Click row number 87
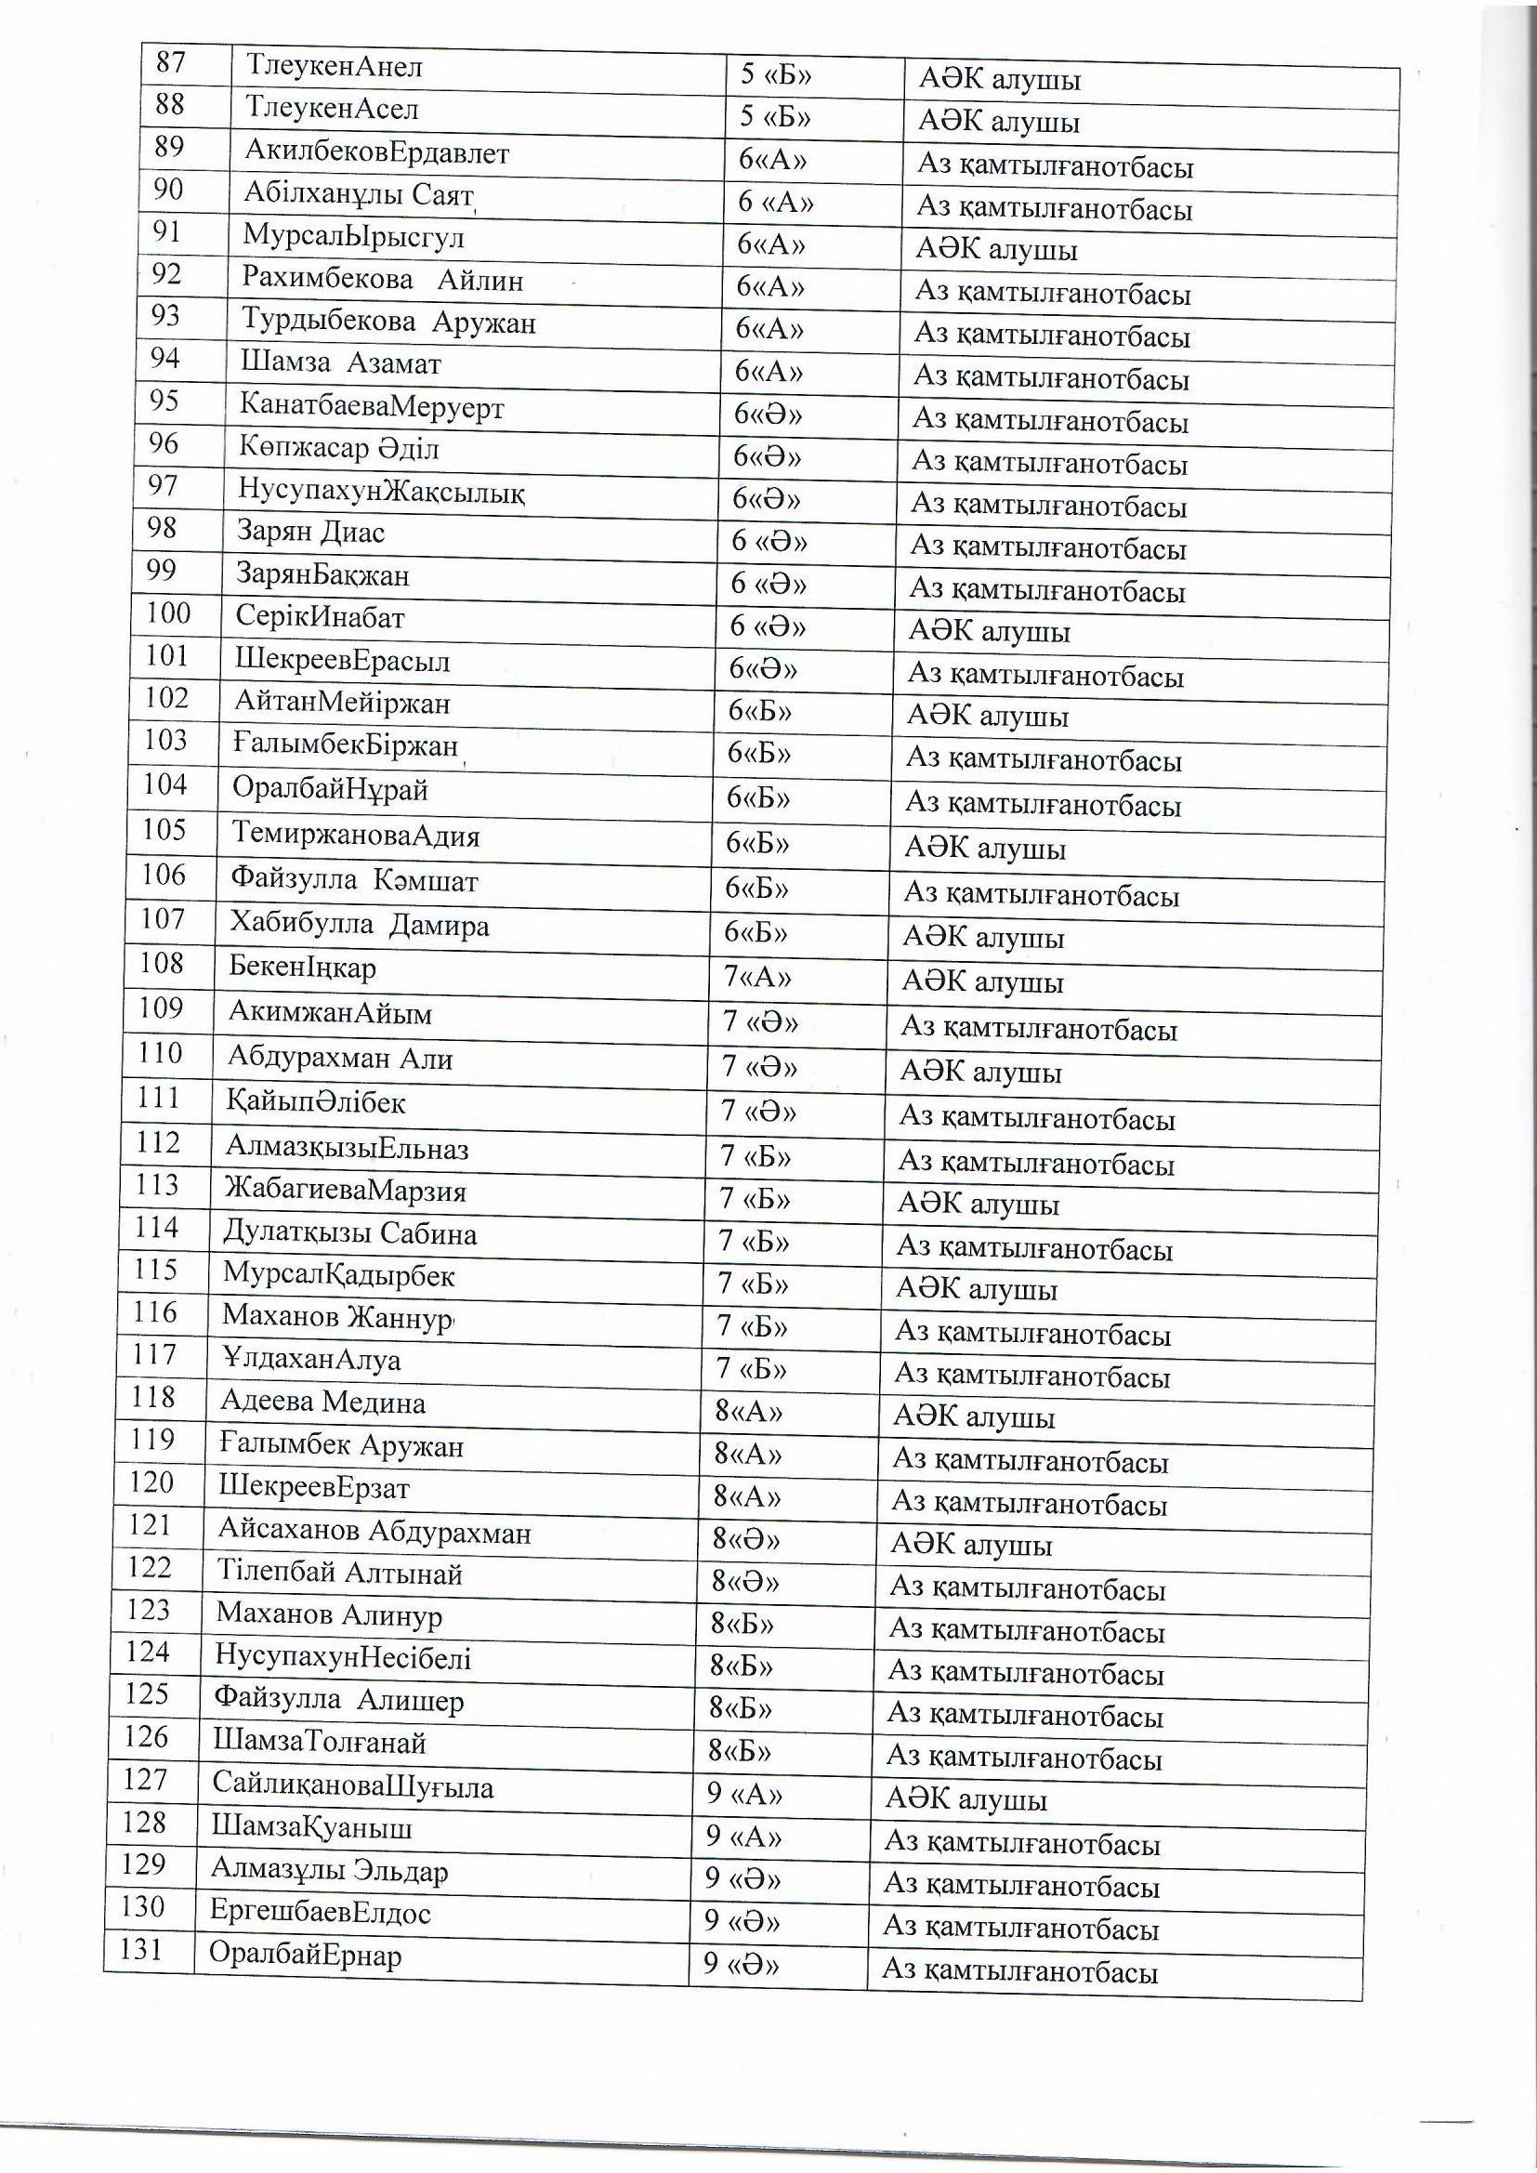coord(171,62)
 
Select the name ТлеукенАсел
coord(331,109)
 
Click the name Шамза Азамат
coord(341,363)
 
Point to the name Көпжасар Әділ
coord(339,448)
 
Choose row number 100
coord(168,614)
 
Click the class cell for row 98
coord(769,541)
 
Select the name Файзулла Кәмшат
coord(355,880)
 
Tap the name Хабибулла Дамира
coord(360,924)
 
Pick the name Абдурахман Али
coord(341,1057)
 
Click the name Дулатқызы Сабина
coord(350,1234)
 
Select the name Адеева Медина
coord(322,1402)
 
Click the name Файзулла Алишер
coord(339,1702)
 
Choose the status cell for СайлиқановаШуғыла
coord(966,1799)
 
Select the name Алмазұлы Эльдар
coord(329,1871)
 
